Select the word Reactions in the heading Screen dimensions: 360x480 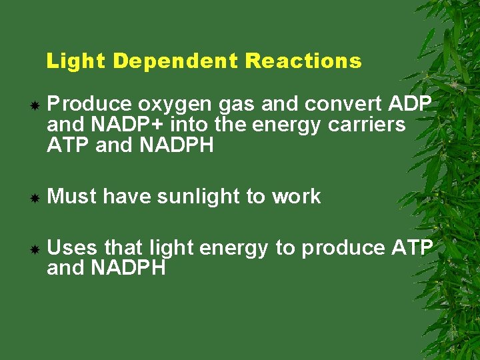click(x=303, y=61)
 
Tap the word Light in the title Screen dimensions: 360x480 click(x=76, y=61)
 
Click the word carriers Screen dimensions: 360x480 click(x=367, y=125)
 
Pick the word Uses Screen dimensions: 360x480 click(x=72, y=248)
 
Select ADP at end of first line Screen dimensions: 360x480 click(x=409, y=105)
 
